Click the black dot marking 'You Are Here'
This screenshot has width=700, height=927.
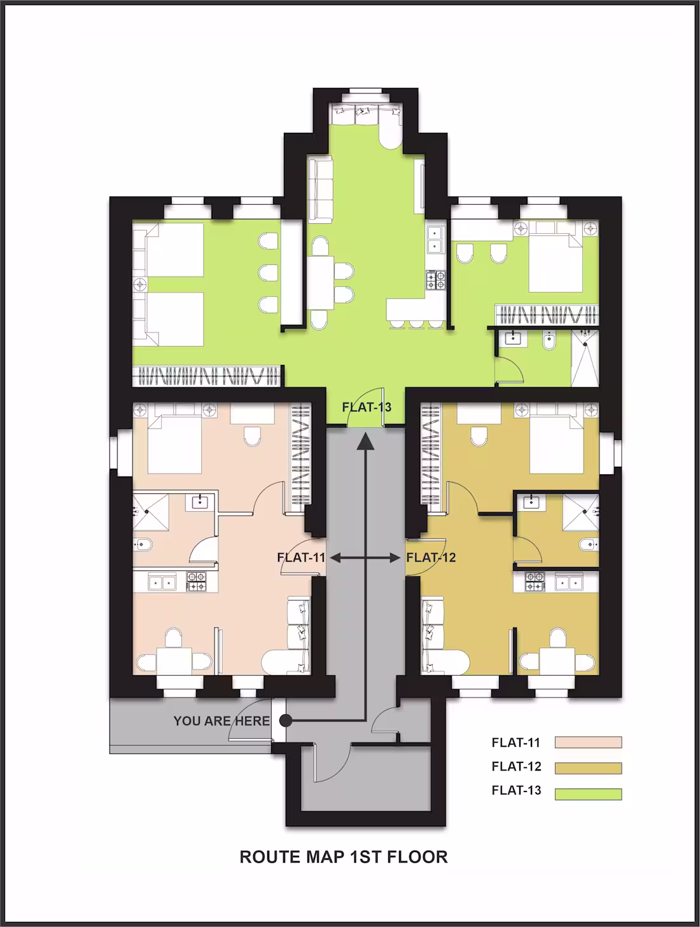pos(286,720)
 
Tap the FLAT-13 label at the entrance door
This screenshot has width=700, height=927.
pos(367,407)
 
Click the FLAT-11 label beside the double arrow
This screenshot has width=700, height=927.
pos(301,558)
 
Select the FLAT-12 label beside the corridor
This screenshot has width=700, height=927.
pos(431,558)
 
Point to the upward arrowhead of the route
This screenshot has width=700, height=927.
pos(365,440)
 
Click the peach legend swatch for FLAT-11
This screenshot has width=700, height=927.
pos(588,742)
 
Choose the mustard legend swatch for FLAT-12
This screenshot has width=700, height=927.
pos(588,768)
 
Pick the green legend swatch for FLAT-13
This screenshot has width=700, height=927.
pos(588,793)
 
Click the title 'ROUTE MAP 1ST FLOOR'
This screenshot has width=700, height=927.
pos(344,857)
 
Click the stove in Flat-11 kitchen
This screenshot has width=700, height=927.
pos(196,581)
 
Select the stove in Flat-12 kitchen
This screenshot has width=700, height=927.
pos(535,581)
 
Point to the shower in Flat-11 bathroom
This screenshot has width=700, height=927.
pos(151,512)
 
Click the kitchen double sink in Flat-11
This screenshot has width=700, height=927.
pos(162,581)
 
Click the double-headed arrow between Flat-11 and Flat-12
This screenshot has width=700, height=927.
pos(365,558)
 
